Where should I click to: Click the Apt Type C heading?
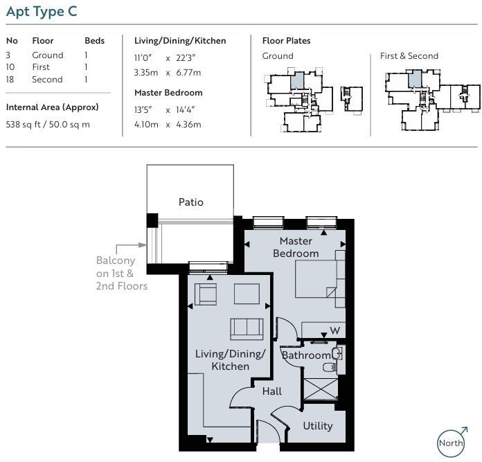42,12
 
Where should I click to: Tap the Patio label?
191,202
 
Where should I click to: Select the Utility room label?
318,426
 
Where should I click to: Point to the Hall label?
272,391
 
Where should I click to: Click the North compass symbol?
452,442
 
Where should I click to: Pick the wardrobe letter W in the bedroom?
335,331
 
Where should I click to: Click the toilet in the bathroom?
329,367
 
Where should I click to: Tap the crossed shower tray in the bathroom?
321,389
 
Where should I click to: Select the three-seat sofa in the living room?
247,329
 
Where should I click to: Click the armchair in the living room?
206,294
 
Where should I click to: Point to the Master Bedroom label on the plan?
296,247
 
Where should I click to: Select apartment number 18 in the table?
10,79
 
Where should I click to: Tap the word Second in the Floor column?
47,79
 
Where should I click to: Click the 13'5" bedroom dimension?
143,109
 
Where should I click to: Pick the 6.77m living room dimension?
188,73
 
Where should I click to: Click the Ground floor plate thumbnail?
313,100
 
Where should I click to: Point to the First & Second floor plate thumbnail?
433,100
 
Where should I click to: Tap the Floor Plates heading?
286,41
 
